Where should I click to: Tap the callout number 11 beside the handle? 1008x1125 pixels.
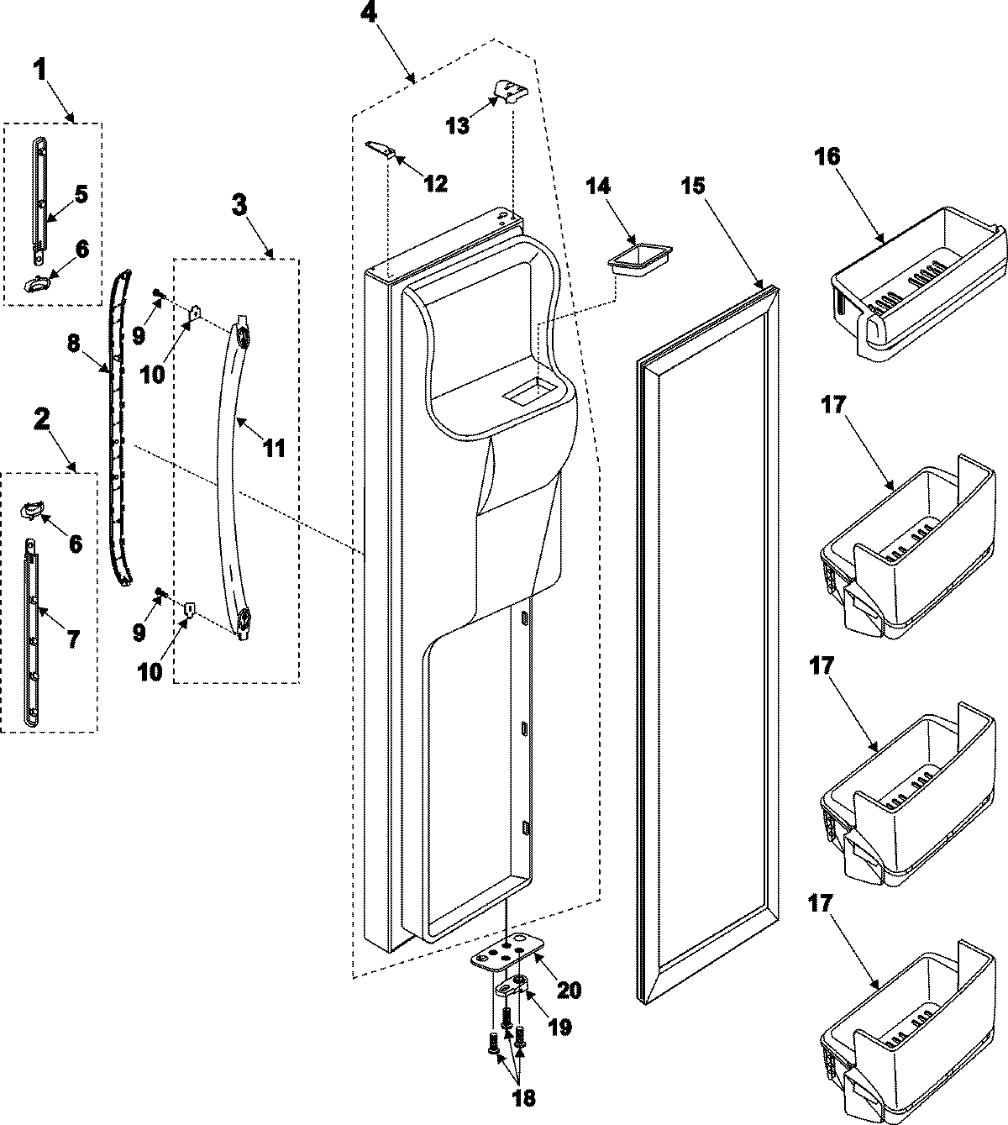click(x=275, y=448)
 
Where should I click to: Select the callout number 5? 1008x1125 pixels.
click(x=81, y=194)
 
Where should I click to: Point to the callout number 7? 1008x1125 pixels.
click(x=73, y=639)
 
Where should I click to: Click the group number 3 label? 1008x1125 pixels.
click(x=240, y=204)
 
